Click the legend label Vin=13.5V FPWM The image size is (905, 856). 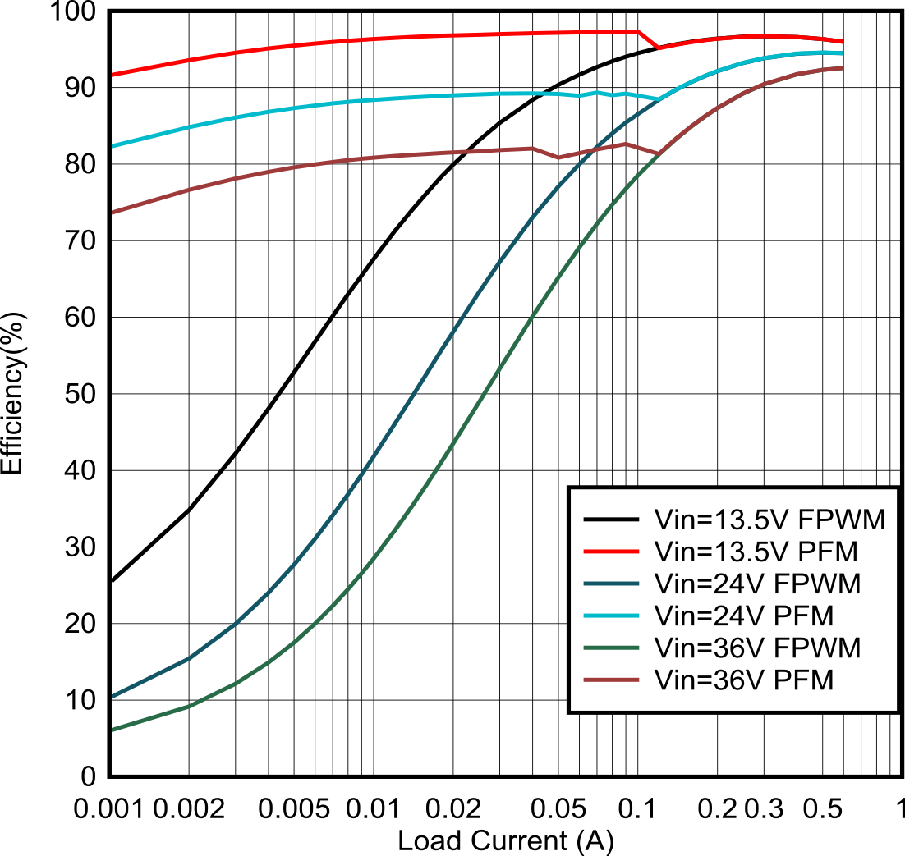tap(769, 520)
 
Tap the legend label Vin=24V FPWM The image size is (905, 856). tap(756, 584)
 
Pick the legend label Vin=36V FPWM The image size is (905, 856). tap(756, 648)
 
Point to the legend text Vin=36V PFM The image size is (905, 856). tap(743, 680)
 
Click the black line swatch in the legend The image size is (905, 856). tap(611, 520)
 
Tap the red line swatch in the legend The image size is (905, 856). tap(611, 552)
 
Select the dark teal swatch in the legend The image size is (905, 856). tap(611, 584)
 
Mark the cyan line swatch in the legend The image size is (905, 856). tap(611, 616)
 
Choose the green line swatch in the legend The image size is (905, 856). tap(611, 648)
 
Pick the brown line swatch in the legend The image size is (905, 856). tap(611, 680)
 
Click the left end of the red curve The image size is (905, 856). tap(113, 75)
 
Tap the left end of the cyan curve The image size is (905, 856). tap(113, 146)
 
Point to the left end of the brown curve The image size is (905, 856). tap(113, 213)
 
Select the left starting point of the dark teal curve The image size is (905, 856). tap(113, 698)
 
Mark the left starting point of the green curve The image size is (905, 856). tap(113, 729)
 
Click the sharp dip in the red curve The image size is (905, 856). tap(659, 48)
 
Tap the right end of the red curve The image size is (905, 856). tap(843, 41)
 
